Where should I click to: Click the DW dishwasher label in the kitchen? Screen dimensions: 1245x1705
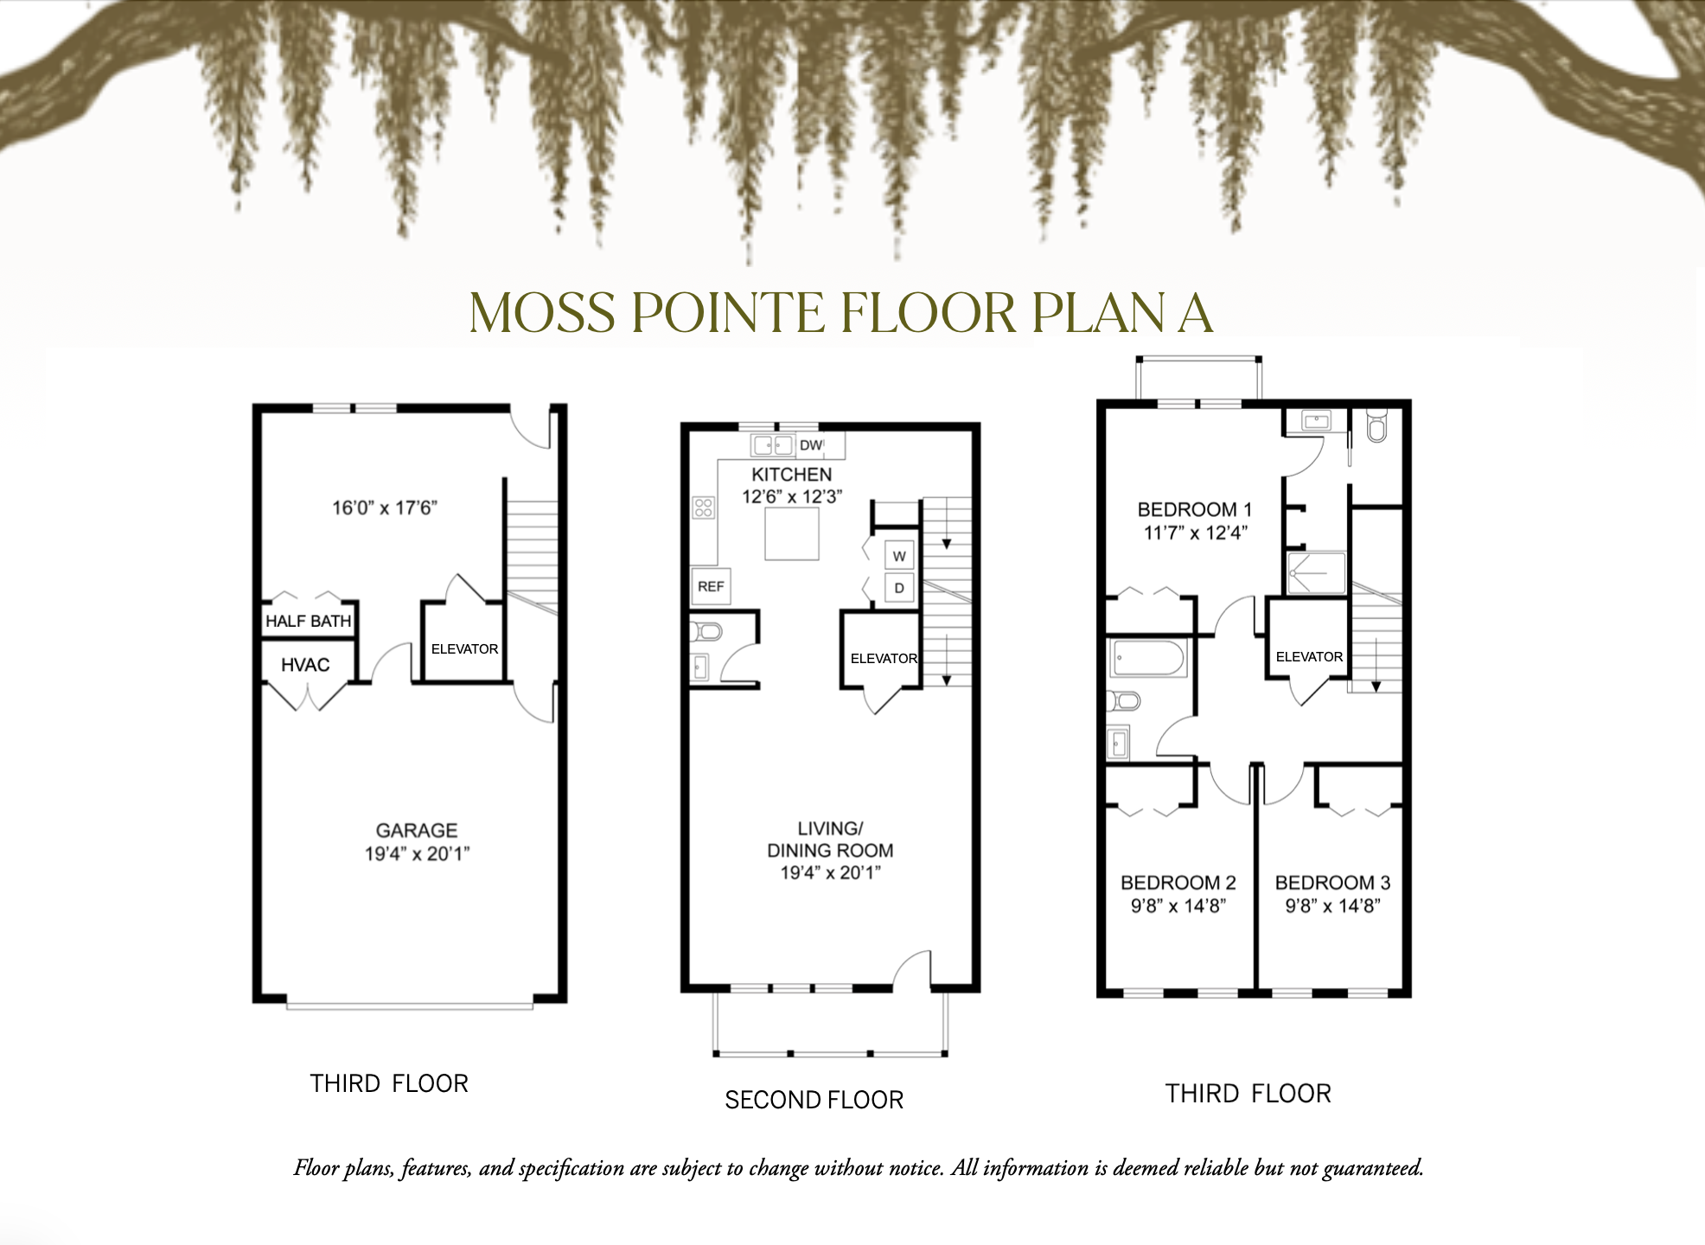tap(810, 445)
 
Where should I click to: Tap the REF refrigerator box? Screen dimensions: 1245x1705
tap(711, 586)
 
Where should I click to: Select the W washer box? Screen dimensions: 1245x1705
tap(899, 556)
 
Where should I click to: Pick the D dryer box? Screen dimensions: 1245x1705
tap(899, 588)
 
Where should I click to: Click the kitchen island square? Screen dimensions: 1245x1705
tap(792, 533)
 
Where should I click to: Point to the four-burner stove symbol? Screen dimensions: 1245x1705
tap(704, 508)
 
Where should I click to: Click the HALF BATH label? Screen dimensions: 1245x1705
tap(308, 621)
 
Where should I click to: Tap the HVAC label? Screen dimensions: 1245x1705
tap(305, 665)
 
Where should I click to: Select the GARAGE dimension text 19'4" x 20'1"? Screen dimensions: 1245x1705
tap(417, 853)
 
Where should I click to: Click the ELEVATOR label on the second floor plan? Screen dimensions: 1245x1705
tap(883, 658)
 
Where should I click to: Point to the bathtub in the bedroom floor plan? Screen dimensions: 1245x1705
tap(1148, 658)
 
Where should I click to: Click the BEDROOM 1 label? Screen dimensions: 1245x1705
tap(1194, 509)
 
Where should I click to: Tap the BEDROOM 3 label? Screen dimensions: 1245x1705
tap(1332, 883)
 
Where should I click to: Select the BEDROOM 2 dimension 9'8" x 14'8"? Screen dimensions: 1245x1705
tap(1178, 906)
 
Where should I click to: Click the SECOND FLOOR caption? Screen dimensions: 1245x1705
tap(814, 1100)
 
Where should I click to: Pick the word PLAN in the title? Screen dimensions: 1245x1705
tap(1097, 313)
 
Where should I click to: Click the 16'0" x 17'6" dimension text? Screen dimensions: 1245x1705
tap(385, 508)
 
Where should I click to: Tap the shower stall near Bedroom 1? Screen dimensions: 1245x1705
tap(1316, 573)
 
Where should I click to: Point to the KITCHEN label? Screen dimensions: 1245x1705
tap(791, 475)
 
